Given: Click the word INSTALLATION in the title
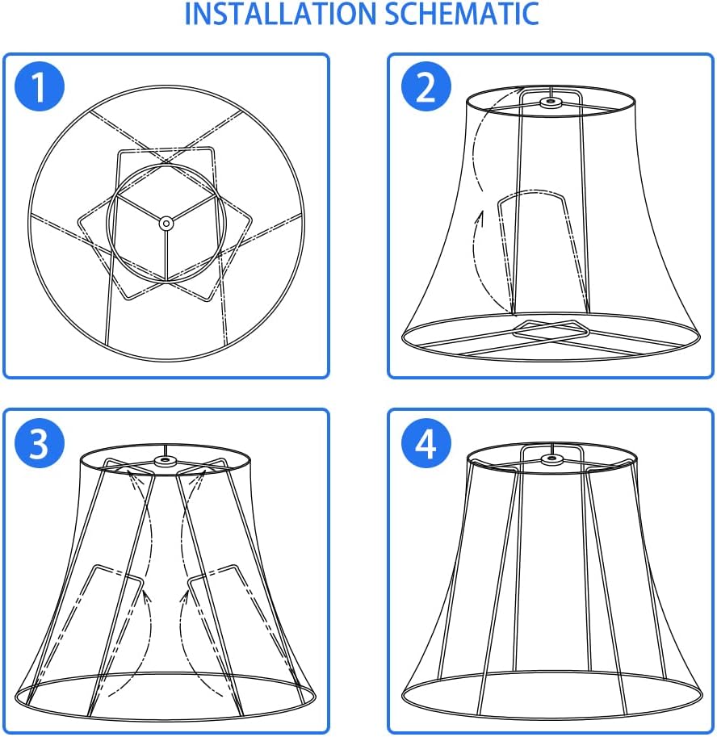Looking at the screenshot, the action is click(x=280, y=14).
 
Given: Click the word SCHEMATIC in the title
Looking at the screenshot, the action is click(x=462, y=14).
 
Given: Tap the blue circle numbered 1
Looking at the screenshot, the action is click(x=40, y=86).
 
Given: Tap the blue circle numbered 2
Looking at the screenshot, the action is click(x=426, y=86).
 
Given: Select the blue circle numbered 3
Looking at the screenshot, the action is click(x=40, y=442).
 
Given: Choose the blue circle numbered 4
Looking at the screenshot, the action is click(x=426, y=442).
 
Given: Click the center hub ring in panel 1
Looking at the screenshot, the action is click(x=166, y=224).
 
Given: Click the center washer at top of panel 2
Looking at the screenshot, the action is click(x=550, y=102).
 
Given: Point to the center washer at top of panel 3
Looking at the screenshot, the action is click(x=165, y=461).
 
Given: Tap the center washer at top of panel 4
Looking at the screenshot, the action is click(x=551, y=459).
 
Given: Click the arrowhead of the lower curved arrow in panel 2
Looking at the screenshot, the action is click(x=480, y=219).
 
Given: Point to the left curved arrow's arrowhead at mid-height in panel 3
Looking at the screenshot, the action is click(x=147, y=597).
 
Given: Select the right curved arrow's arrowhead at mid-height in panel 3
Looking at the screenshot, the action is click(x=185, y=597).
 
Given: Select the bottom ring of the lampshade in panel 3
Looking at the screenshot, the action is click(x=165, y=719).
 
